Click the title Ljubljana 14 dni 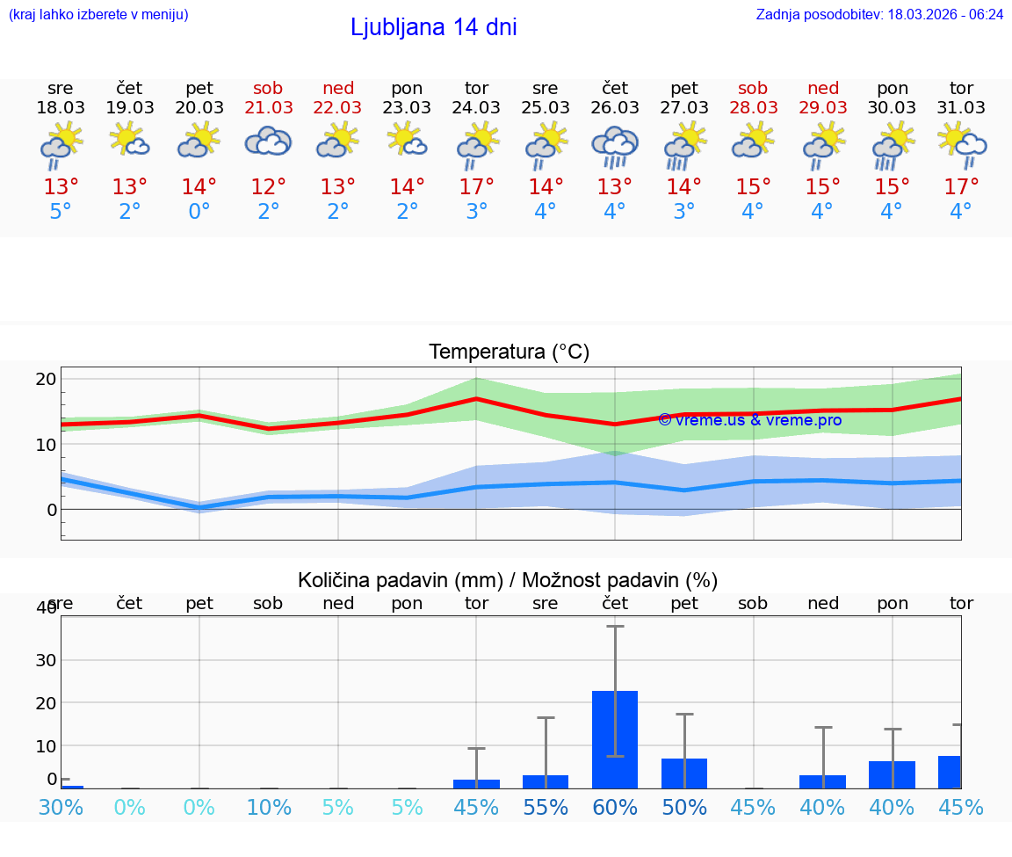pyautogui.click(x=433, y=27)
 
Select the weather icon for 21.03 pyautogui.click(x=268, y=142)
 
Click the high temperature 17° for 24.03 pyautogui.click(x=476, y=187)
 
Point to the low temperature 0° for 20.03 pyautogui.click(x=199, y=212)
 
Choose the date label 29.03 pyautogui.click(x=822, y=107)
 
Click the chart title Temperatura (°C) pyautogui.click(x=509, y=352)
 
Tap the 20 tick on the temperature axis pyautogui.click(x=46, y=379)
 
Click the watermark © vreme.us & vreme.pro pyautogui.click(x=749, y=420)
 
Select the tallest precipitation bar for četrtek pyautogui.click(x=614, y=739)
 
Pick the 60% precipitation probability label pyautogui.click(x=614, y=807)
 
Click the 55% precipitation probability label pyautogui.click(x=546, y=807)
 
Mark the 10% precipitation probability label pyautogui.click(x=269, y=807)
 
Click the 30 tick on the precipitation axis pyautogui.click(x=46, y=660)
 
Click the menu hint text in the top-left pyautogui.click(x=98, y=15)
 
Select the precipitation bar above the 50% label pyautogui.click(x=683, y=773)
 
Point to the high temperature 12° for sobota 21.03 pyautogui.click(x=268, y=187)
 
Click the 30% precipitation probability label pyautogui.click(x=61, y=807)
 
